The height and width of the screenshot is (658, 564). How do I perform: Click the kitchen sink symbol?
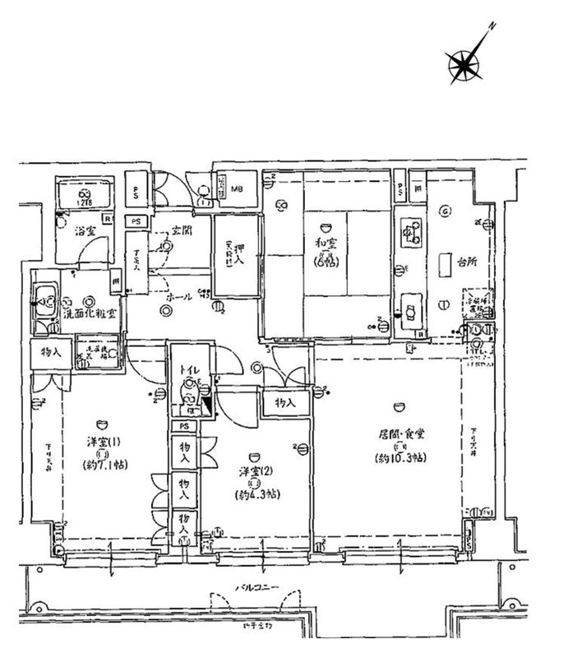409,309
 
